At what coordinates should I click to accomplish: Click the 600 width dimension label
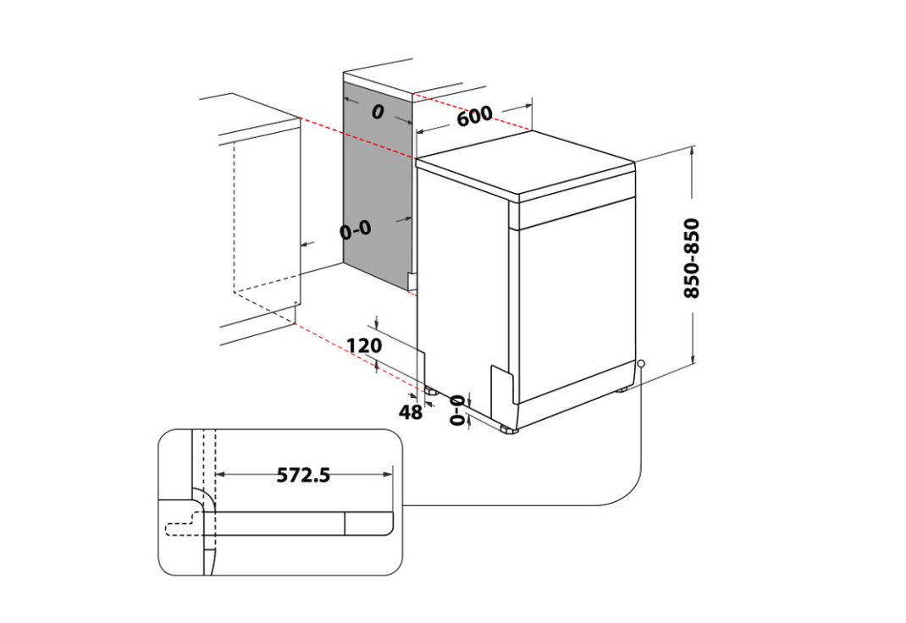pos(474,116)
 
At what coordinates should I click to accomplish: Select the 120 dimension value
pos(364,345)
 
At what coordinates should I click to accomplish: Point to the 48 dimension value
pos(411,411)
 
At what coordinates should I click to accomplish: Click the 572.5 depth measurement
pos(303,475)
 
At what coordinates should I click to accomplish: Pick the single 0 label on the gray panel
pos(378,112)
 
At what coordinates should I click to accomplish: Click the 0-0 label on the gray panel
pos(356,230)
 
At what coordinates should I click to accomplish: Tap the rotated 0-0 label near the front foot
pos(457,411)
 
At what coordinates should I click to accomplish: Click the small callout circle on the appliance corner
pos(641,363)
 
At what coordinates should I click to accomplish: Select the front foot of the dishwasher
pos(510,429)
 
